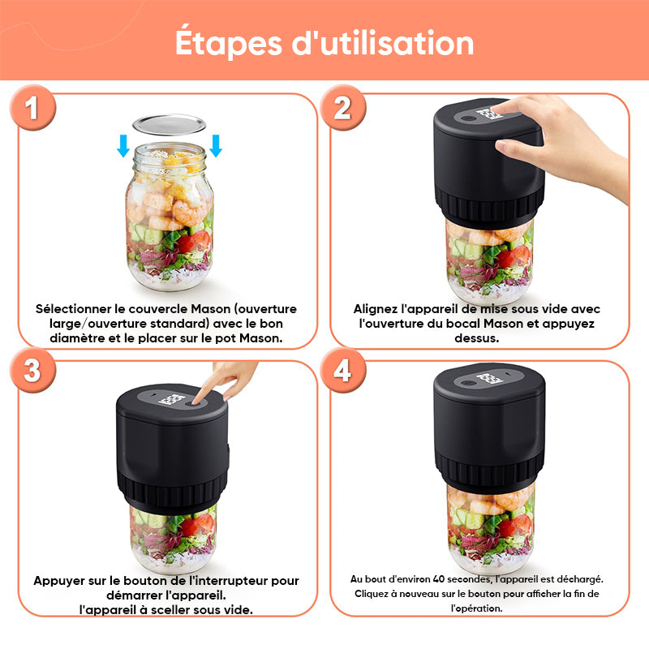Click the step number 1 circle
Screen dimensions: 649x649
(32, 108)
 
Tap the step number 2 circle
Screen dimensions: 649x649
(342, 108)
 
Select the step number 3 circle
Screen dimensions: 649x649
(32, 370)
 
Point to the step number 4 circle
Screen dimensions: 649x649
(342, 370)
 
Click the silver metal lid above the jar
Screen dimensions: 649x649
(170, 125)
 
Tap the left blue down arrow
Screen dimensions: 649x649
(123, 146)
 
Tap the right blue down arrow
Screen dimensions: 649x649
(216, 146)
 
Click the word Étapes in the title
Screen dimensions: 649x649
(229, 43)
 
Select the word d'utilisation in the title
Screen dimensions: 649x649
(383, 43)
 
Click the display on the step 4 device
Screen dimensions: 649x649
(489, 379)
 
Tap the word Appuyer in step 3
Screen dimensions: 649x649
(59, 581)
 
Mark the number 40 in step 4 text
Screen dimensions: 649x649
(439, 578)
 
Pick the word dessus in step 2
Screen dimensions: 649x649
(476, 338)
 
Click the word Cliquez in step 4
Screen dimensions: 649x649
(370, 594)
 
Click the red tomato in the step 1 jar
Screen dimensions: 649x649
(195, 241)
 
